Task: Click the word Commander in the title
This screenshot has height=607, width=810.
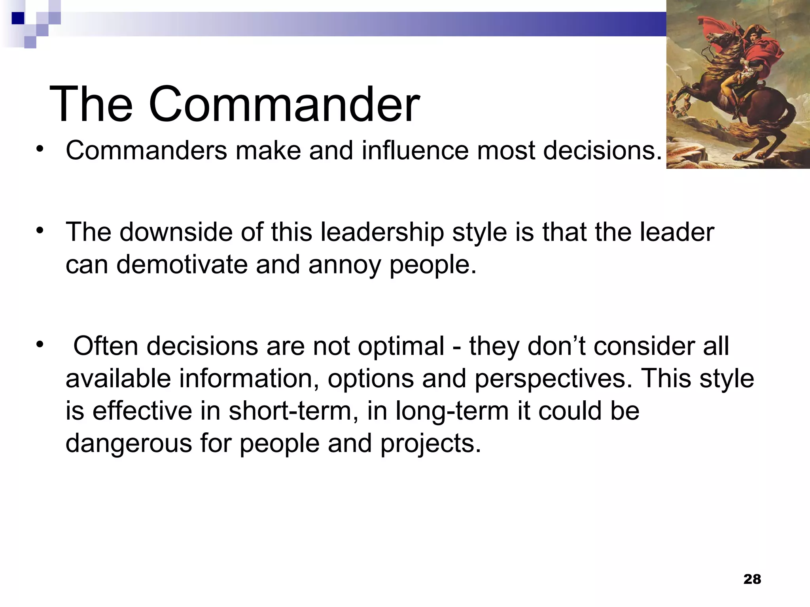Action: pyautogui.click(x=284, y=105)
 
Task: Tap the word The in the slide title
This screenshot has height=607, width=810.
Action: pyautogui.click(x=91, y=105)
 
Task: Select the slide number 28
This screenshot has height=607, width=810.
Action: pyautogui.click(x=752, y=579)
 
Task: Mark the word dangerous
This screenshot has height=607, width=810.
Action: pyautogui.click(x=129, y=444)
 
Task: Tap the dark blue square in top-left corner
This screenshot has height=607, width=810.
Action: pyautogui.click(x=18, y=18)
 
